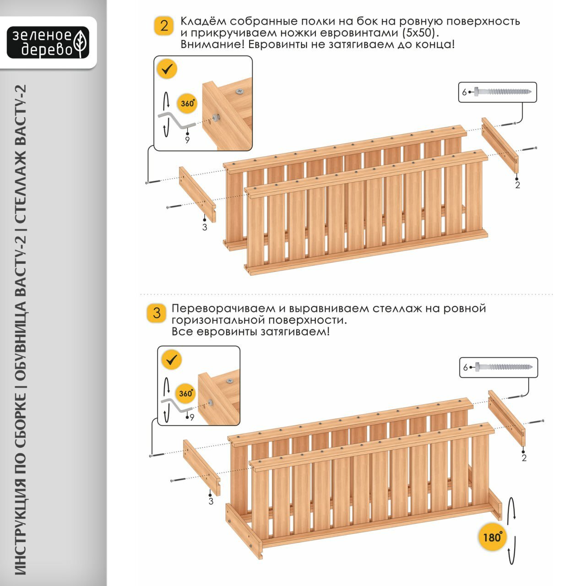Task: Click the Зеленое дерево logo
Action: click(x=48, y=42)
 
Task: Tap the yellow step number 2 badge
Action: click(x=163, y=26)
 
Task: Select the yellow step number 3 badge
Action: click(x=157, y=313)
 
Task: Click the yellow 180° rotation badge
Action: click(x=493, y=537)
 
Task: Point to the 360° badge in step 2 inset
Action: click(x=188, y=103)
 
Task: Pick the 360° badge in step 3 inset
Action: click(x=186, y=394)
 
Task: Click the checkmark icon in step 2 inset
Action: click(x=167, y=70)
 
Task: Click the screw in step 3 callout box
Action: click(x=504, y=367)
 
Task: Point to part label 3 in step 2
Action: click(x=205, y=227)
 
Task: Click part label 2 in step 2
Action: click(x=517, y=185)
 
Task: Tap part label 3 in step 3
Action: click(x=211, y=501)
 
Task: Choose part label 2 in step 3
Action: click(x=524, y=458)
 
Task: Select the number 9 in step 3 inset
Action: click(x=192, y=417)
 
